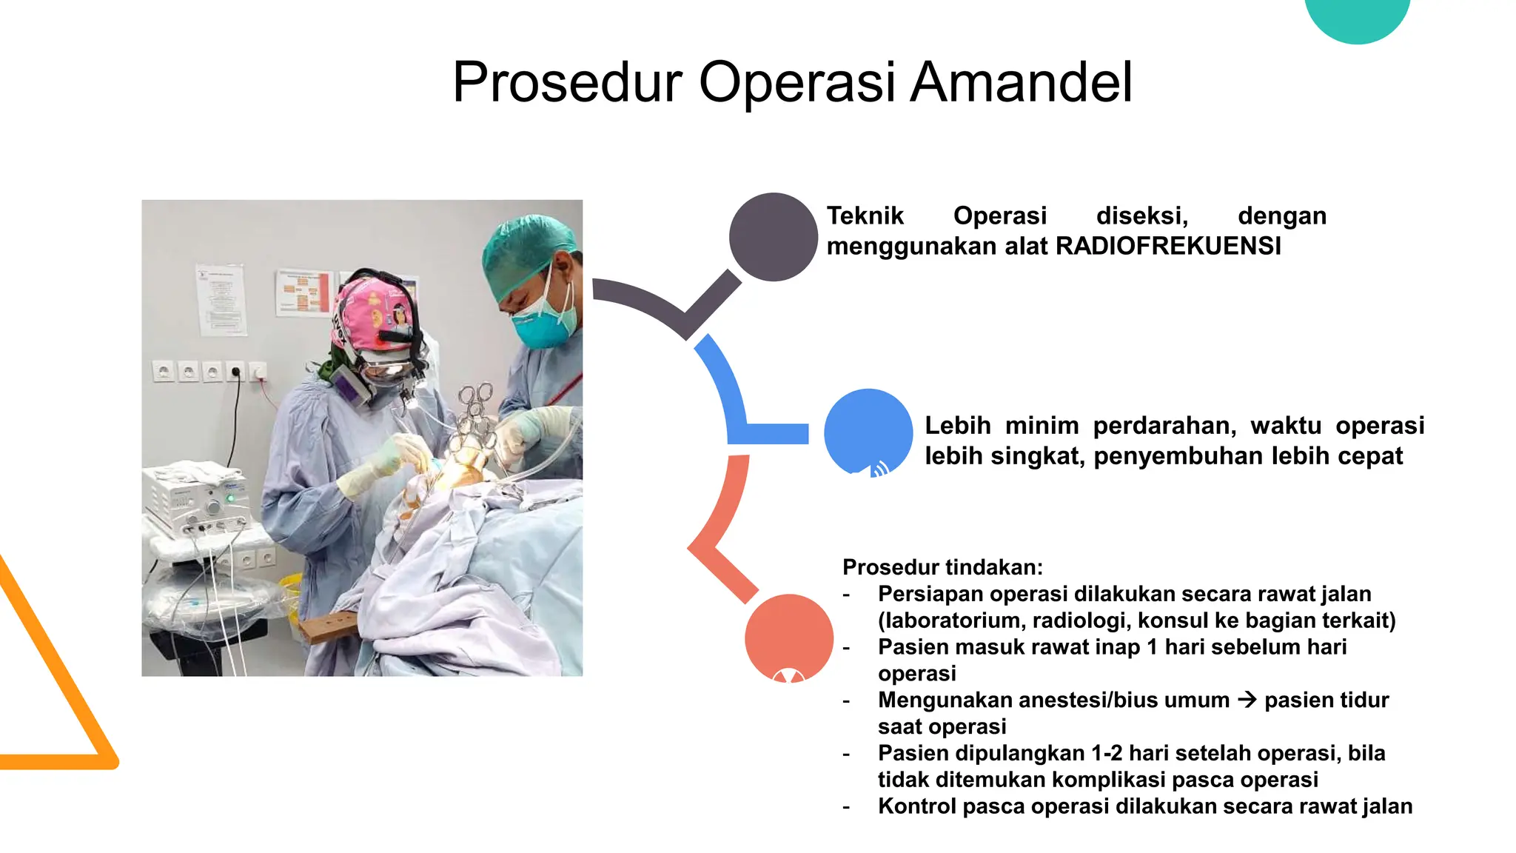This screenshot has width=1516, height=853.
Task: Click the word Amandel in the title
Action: (x=1021, y=82)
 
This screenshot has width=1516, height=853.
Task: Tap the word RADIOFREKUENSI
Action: (x=1167, y=246)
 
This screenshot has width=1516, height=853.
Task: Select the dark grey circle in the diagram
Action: (x=773, y=237)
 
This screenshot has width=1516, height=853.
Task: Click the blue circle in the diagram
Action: (x=868, y=432)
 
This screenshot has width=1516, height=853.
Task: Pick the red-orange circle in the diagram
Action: (x=788, y=637)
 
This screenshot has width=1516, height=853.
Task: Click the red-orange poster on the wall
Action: (x=303, y=293)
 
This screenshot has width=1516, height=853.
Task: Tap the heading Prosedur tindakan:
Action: (x=942, y=567)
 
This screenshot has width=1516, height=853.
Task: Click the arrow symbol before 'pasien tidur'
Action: (x=1247, y=700)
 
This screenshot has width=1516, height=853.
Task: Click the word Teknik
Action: (x=865, y=215)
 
